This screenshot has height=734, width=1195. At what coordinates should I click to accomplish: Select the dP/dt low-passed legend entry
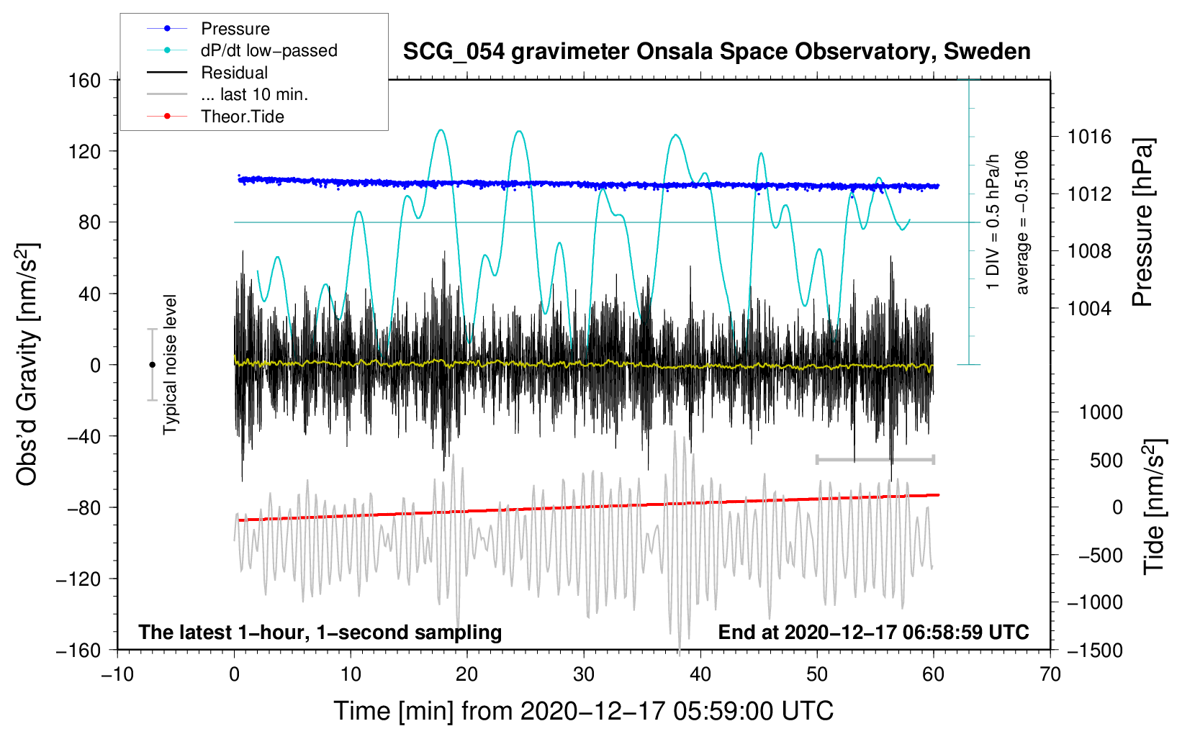[269, 50]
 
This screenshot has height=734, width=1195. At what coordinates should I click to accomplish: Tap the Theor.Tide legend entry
[242, 117]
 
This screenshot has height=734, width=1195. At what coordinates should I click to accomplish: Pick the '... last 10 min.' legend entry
[254, 94]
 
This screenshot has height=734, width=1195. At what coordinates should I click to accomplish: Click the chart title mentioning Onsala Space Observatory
[716, 52]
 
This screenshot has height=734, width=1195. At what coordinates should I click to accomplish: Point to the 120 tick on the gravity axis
[85, 151]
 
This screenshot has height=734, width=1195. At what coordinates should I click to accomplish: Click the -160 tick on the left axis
[79, 651]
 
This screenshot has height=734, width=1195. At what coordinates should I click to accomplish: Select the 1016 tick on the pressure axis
[1089, 137]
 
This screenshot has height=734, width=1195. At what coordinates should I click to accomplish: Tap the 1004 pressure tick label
[1089, 308]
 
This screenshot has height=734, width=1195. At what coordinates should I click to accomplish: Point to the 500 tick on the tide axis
[1106, 460]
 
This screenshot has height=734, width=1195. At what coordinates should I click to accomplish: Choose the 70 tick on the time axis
[1050, 674]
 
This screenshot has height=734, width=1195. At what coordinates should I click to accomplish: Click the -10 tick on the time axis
[117, 674]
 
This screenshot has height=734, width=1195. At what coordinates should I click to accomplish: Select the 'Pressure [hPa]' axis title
[1142, 223]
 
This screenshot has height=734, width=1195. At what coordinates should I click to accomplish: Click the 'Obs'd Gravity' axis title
[27, 364]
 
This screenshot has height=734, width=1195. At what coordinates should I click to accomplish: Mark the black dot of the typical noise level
[152, 365]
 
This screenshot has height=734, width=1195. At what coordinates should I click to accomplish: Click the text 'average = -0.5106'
[1022, 223]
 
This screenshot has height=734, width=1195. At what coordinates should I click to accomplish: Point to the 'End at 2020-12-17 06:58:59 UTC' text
[873, 633]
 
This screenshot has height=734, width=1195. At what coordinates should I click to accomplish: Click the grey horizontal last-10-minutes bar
[875, 459]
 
